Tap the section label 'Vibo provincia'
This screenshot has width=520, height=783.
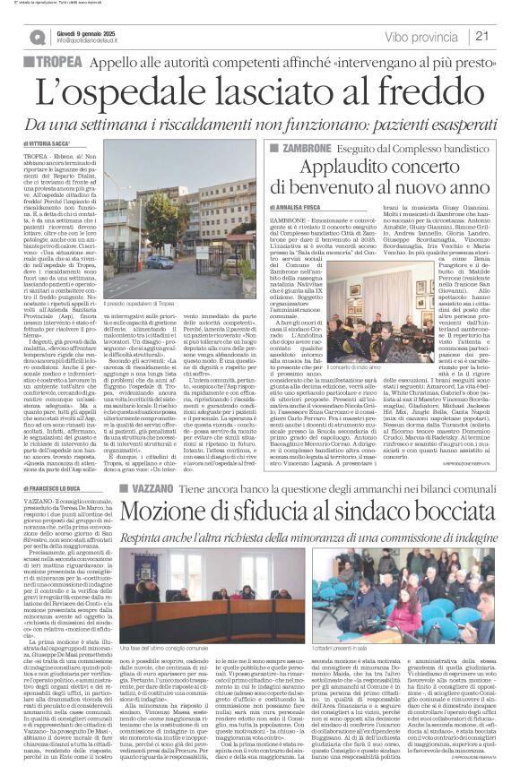point(422,37)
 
